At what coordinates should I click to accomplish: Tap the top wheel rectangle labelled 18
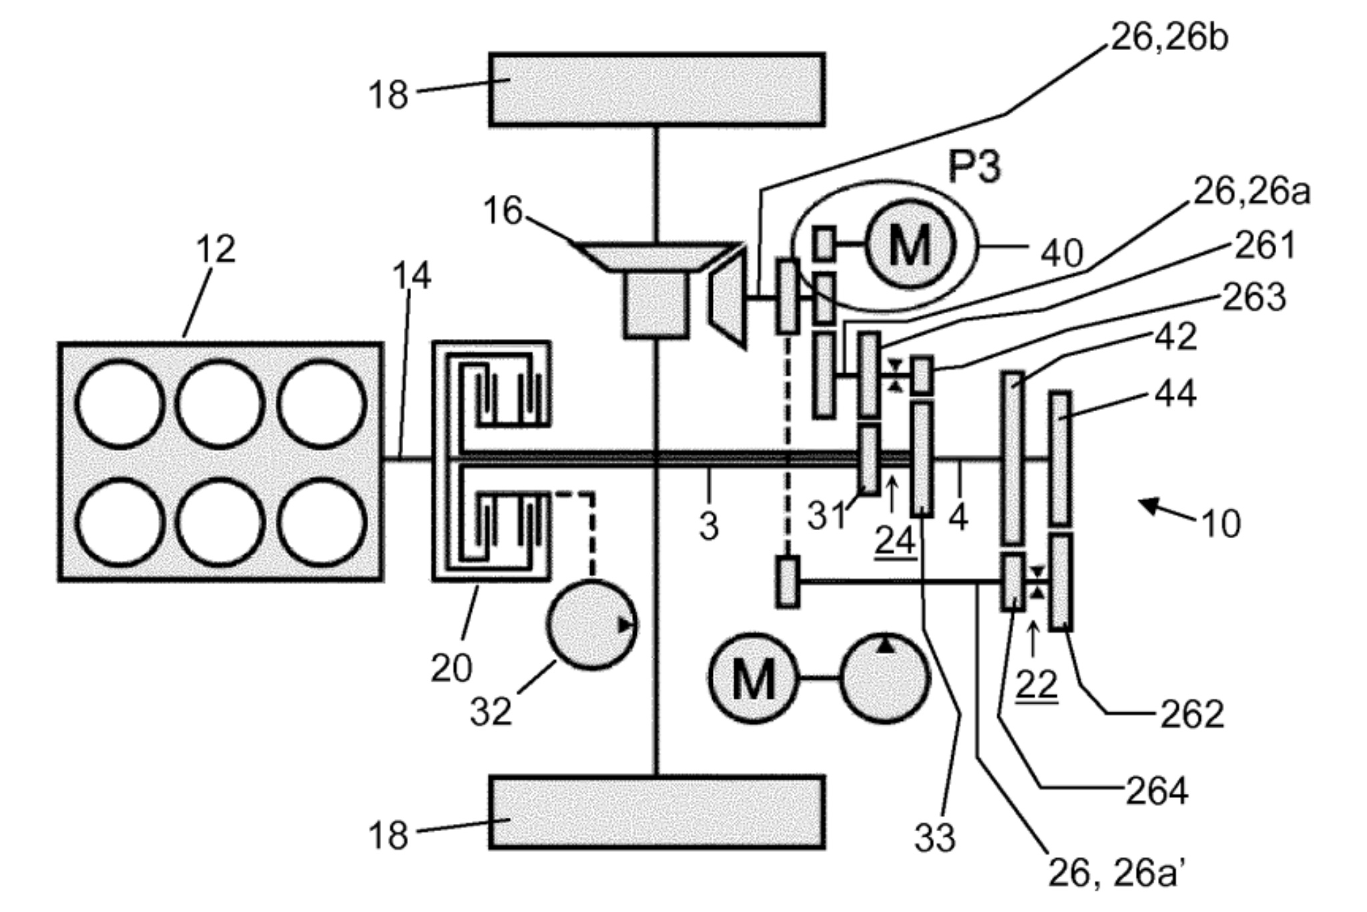(x=657, y=89)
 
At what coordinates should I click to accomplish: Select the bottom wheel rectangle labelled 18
(x=657, y=812)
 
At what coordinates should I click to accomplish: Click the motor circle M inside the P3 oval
(x=910, y=244)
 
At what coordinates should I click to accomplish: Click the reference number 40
(x=1061, y=252)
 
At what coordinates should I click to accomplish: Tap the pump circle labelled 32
(x=591, y=625)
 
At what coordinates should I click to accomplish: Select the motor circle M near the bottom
(x=754, y=678)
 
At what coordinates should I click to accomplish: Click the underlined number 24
(x=895, y=541)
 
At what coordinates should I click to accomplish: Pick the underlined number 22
(x=1036, y=684)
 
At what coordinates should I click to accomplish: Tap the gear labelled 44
(x=1060, y=458)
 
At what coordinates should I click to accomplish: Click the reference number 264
(x=1157, y=792)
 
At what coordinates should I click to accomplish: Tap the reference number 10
(x=1221, y=523)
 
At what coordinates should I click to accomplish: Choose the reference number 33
(x=934, y=837)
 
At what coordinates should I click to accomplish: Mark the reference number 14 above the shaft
(x=411, y=275)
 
